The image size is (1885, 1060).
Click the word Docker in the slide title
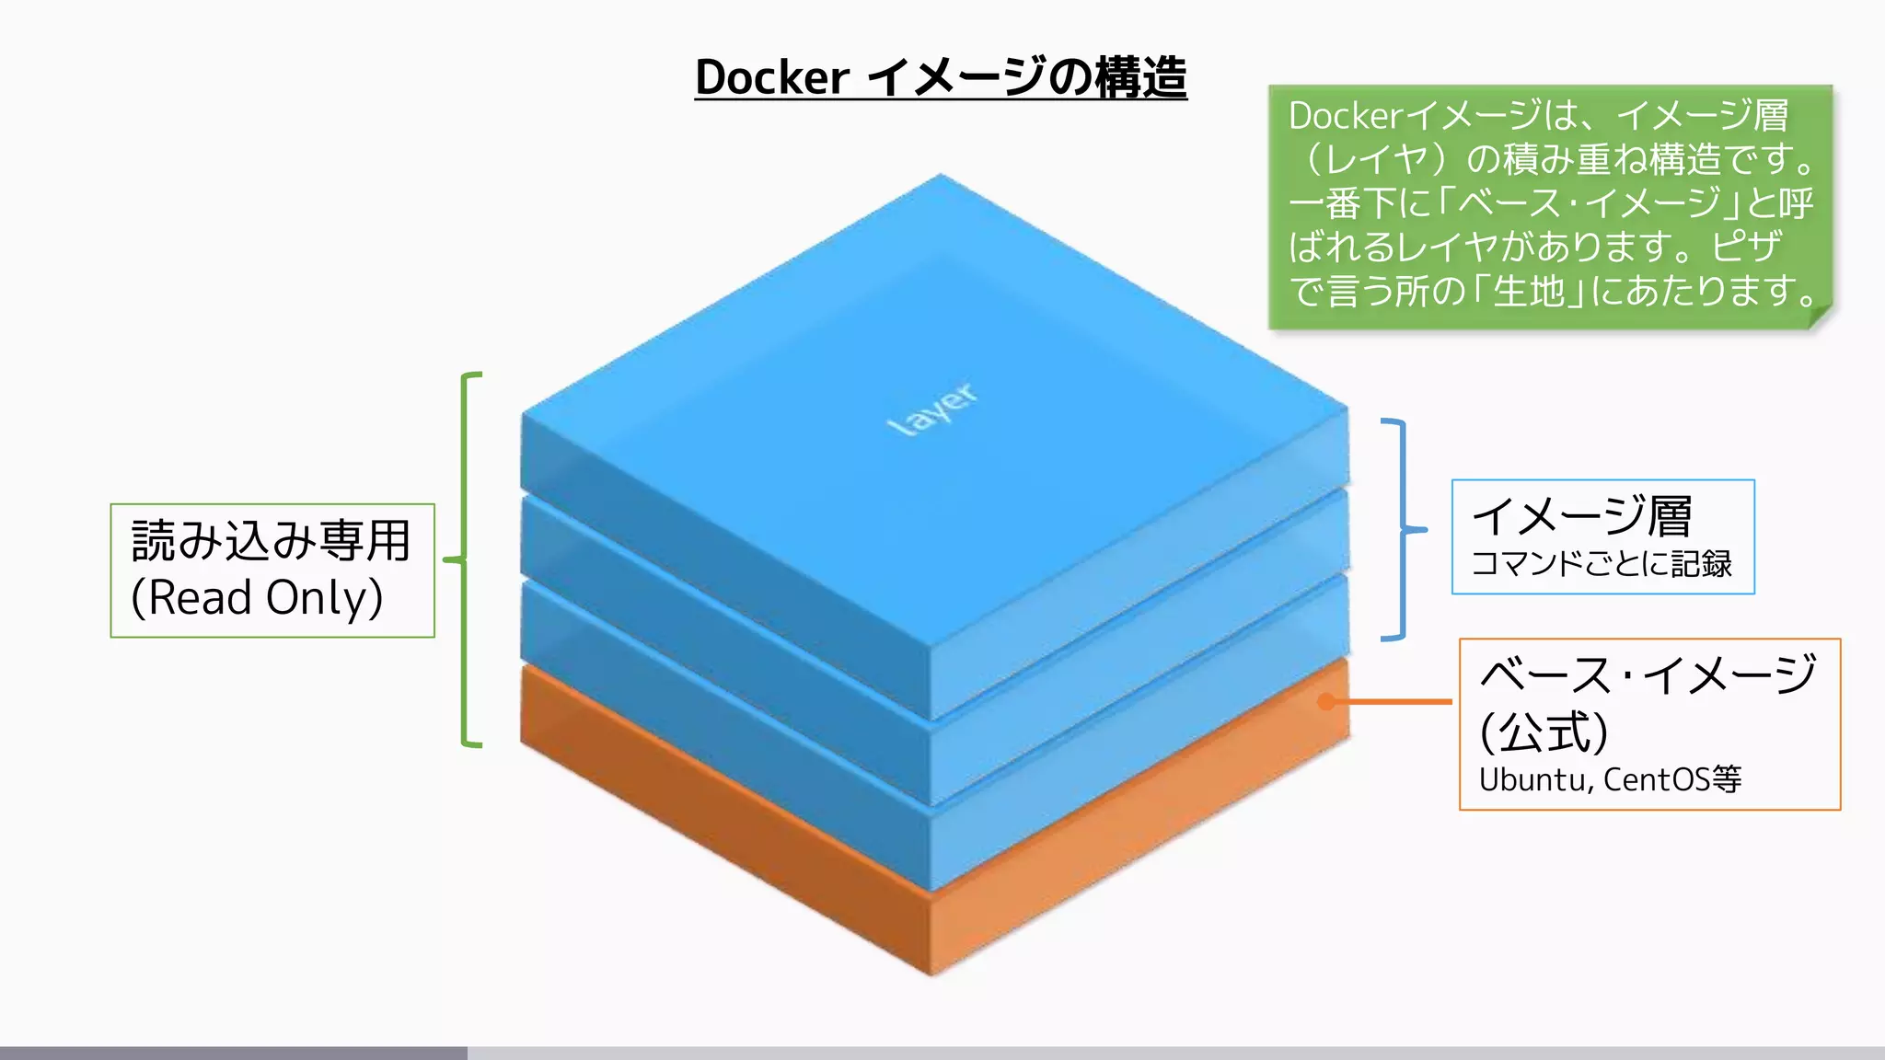pos(771,77)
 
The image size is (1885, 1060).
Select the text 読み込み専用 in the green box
pos(271,541)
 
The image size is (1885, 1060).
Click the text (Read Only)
pos(257,598)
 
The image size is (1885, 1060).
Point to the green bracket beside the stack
pos(465,559)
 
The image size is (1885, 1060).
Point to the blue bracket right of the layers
pos(1402,530)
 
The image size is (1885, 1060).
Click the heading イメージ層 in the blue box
pos(1581,516)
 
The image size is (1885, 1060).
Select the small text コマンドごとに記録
pos(1602,564)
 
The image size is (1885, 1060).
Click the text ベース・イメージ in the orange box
pos(1648,674)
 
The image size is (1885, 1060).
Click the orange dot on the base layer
pos(1326,702)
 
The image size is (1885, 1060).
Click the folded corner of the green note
pos(1820,316)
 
